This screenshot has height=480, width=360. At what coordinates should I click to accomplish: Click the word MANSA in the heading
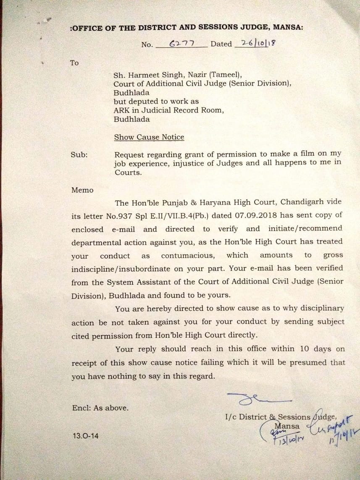[x=288, y=28]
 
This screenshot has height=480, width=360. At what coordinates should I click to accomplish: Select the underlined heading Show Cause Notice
[x=149, y=137]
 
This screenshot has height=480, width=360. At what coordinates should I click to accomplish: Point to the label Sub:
[x=79, y=155]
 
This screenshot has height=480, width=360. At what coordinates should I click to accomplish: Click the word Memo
[x=82, y=190]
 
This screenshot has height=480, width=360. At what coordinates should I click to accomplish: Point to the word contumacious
[x=188, y=255]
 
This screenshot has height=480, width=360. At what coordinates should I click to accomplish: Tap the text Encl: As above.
[x=100, y=407]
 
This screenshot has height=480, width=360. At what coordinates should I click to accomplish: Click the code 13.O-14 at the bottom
[x=86, y=436]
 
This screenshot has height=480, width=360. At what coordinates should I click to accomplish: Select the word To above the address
[x=74, y=63]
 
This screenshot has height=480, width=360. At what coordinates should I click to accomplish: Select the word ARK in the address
[x=121, y=110]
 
